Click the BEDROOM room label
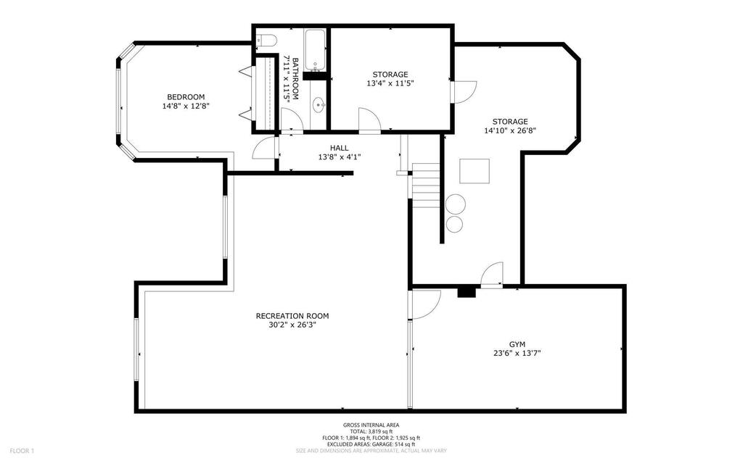click(x=186, y=97)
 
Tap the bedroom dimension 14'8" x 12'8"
click(x=186, y=107)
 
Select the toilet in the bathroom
click(x=266, y=41)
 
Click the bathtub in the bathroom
click(x=315, y=49)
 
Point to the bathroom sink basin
click(x=318, y=105)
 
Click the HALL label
click(x=340, y=149)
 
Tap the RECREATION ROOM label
click(x=292, y=316)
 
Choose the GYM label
click(x=517, y=344)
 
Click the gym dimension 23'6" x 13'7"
click(x=517, y=353)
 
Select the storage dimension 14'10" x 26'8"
click(x=510, y=130)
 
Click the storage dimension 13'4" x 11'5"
click(x=390, y=83)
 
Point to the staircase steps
click(x=426, y=185)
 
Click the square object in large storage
click(x=475, y=171)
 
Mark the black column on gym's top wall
click(x=467, y=292)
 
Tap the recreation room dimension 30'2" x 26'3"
click(x=292, y=325)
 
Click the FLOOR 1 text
click(x=22, y=451)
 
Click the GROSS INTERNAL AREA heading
click(x=371, y=425)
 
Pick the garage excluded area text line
click(x=371, y=444)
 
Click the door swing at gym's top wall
click(x=492, y=275)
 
